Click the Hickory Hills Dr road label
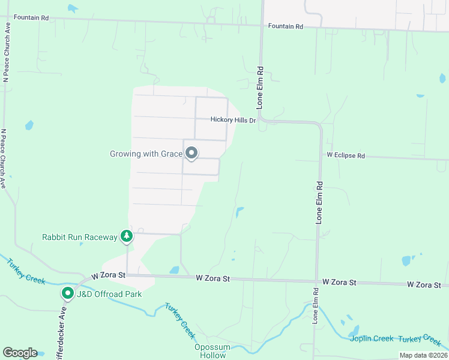tap(233, 120)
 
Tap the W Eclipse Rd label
tap(345, 155)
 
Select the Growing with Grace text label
tap(146, 154)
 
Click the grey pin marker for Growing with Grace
tap(191, 153)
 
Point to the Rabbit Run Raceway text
tap(80, 237)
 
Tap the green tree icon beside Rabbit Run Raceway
tap(126, 236)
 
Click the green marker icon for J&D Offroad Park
tap(68, 293)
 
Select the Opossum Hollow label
tap(210, 352)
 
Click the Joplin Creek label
tap(372, 339)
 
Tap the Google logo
tap(20, 353)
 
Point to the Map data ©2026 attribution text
tap(423, 355)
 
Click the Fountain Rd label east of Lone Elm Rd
tap(286, 26)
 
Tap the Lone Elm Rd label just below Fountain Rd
tap(261, 87)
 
